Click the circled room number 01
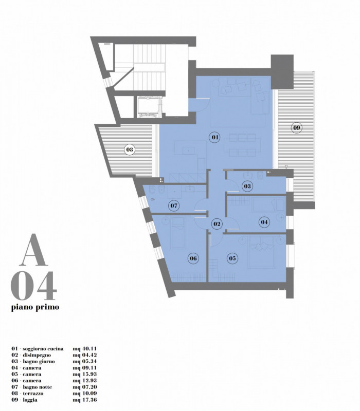[x=214, y=137]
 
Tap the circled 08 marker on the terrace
[x=130, y=150]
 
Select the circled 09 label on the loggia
[x=297, y=128]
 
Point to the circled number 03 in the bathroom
[x=247, y=186]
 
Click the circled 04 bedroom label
[x=264, y=222]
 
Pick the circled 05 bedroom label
[x=232, y=258]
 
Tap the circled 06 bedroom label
[x=193, y=258]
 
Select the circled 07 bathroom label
[x=174, y=206]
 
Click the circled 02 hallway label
[x=217, y=224]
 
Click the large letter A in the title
[x=33, y=250]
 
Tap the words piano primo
[x=35, y=307]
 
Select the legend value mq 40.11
[x=85, y=349]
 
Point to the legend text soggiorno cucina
[x=43, y=349]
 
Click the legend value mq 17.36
[x=85, y=400]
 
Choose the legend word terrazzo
[x=33, y=393]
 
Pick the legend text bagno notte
[x=37, y=387]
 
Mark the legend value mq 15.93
[x=85, y=374]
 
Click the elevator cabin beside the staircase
[x=148, y=107]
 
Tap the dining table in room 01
[x=242, y=145]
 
